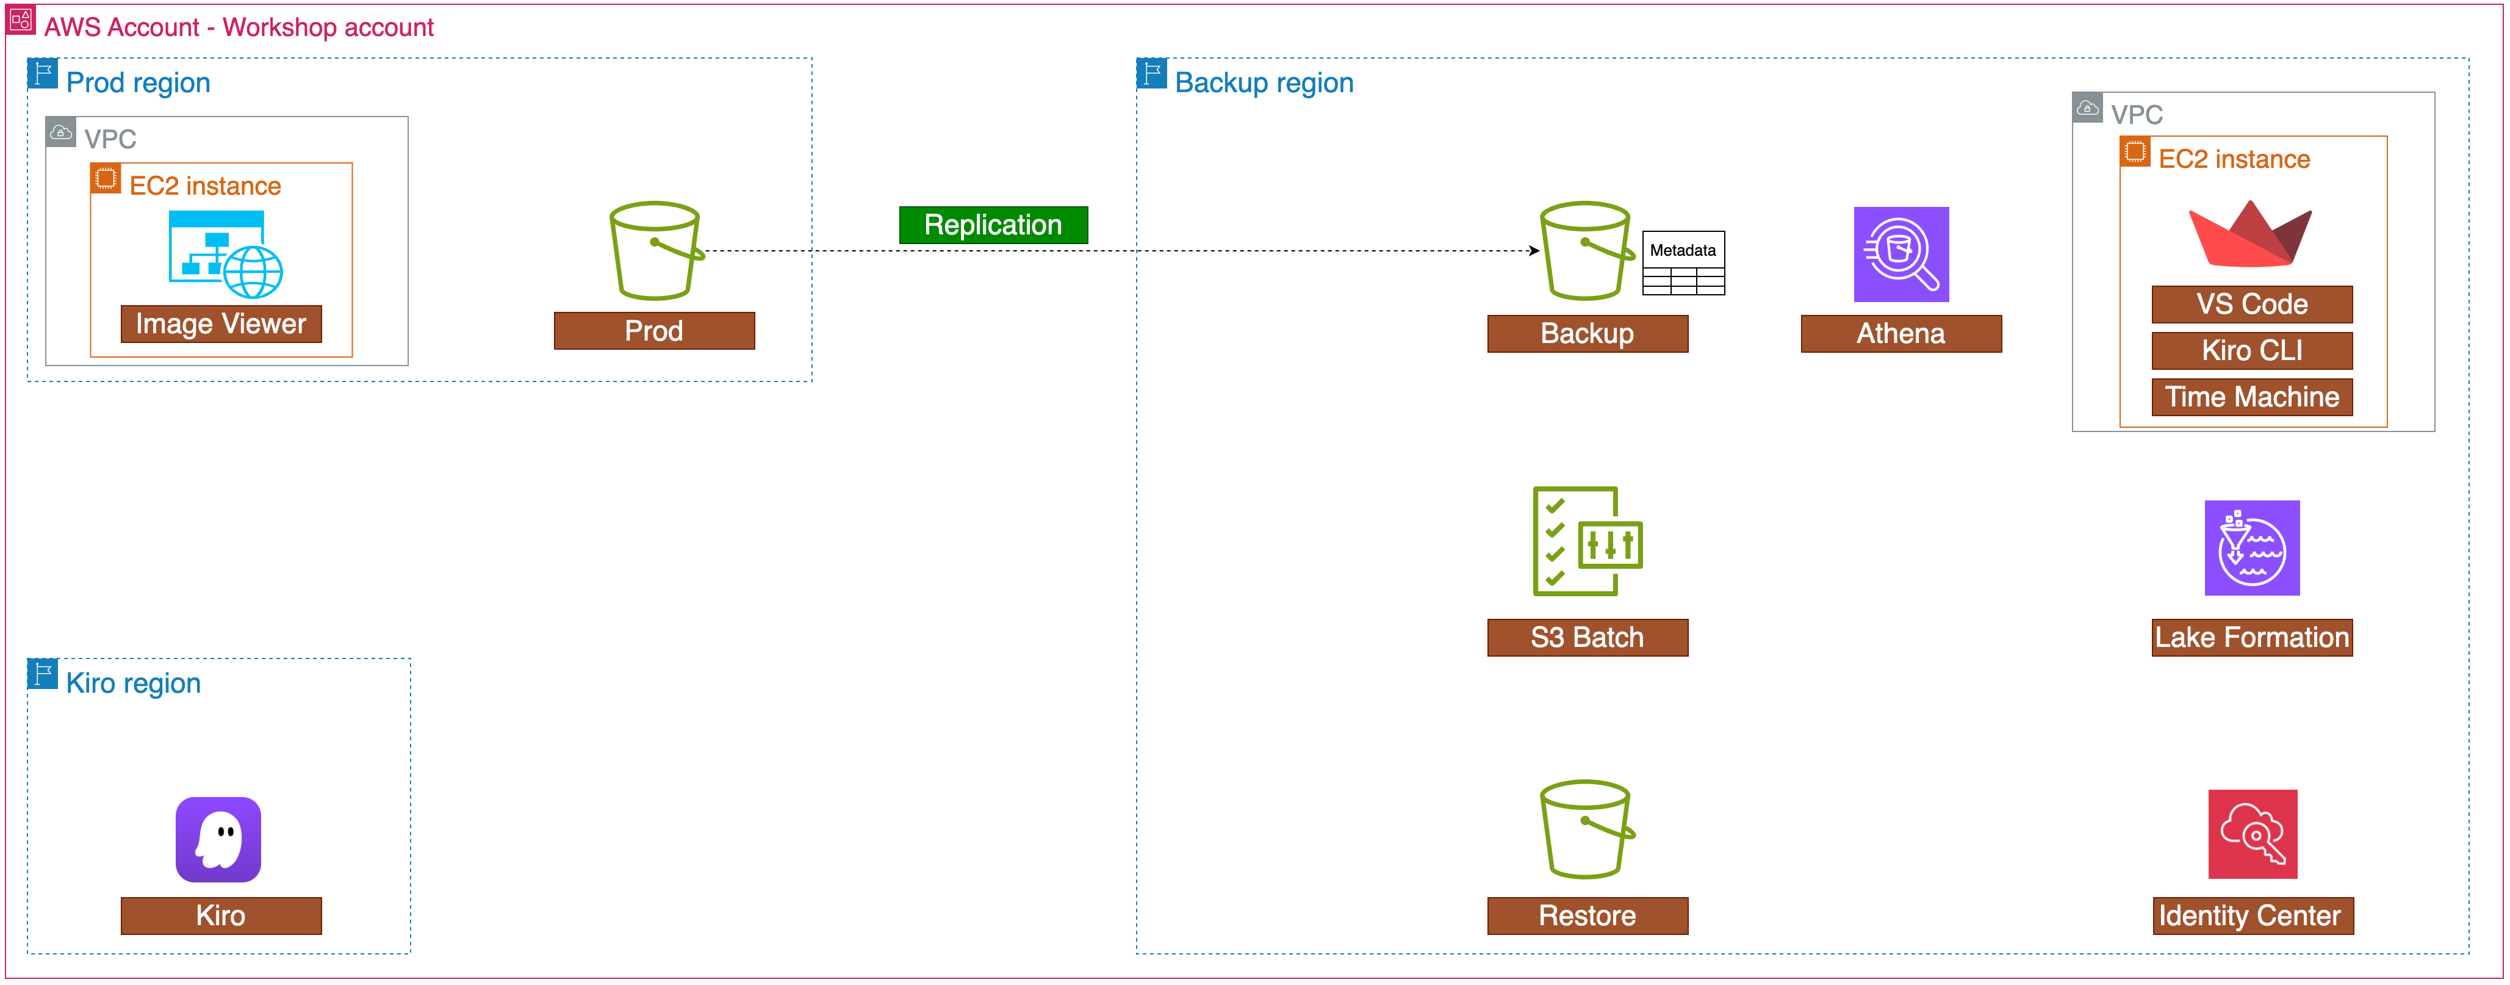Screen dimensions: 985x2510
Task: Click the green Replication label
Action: pos(992,225)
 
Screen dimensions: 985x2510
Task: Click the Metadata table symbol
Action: pos(1683,263)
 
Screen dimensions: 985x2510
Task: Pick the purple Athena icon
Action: pos(1900,254)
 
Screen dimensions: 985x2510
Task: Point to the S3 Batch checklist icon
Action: pos(1586,542)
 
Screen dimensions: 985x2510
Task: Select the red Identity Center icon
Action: pos(2252,834)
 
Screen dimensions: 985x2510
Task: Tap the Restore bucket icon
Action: pos(1585,829)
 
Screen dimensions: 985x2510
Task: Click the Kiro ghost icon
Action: pos(218,840)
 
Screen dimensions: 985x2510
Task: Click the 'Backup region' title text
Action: pos(1264,83)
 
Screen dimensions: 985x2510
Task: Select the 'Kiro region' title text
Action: pos(134,683)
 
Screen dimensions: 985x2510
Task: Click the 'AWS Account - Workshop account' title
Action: pos(239,27)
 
